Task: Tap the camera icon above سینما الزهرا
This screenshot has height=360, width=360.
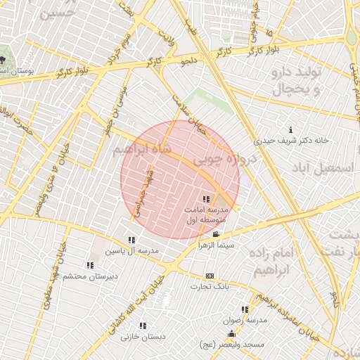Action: coord(215,235)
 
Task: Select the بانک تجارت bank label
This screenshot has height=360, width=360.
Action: coord(210,287)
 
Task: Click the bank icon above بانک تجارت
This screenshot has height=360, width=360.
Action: coord(210,276)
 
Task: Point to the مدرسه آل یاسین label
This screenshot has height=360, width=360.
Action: coord(132,251)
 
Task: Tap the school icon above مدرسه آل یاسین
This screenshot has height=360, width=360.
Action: coord(131,240)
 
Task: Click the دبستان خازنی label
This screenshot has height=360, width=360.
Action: coord(143,337)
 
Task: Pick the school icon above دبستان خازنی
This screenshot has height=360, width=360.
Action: coord(143,326)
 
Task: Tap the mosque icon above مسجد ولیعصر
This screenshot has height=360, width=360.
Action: coord(232,333)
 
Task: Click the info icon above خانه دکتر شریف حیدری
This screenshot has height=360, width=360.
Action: coord(291,129)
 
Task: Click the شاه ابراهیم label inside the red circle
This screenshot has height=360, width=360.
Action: coord(141,151)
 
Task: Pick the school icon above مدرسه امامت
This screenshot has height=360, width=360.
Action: coord(205,199)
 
